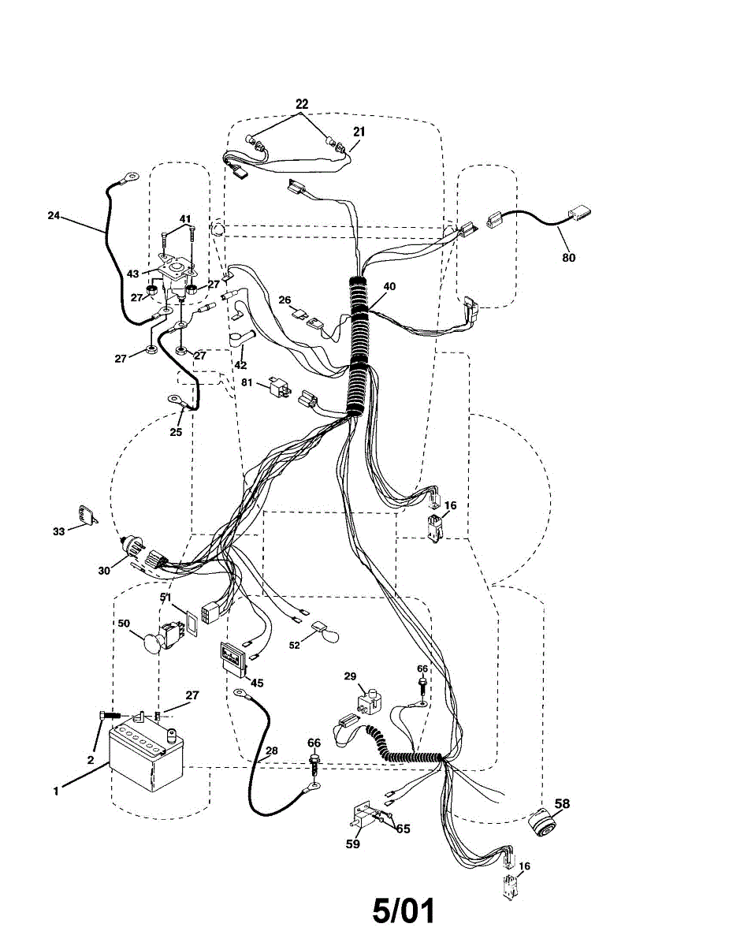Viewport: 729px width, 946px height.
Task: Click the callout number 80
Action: point(569,257)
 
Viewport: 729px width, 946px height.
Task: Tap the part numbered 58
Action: point(541,823)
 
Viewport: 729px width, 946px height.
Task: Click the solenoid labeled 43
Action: point(175,275)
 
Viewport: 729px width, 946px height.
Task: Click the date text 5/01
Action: point(404,911)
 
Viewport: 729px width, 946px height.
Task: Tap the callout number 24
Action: point(54,215)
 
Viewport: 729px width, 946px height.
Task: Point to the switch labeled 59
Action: point(363,817)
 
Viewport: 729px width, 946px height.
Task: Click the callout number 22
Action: point(302,104)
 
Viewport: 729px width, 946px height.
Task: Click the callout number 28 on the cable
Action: point(271,750)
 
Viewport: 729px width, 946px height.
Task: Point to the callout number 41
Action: point(184,218)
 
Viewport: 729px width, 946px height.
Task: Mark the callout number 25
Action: point(177,433)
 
